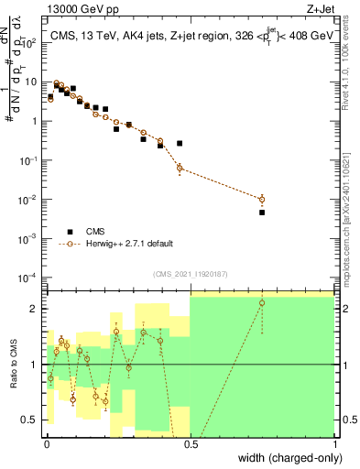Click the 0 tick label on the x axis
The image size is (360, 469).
[x=46, y=444]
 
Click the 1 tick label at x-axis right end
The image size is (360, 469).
[x=334, y=444]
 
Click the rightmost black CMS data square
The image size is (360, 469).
[x=262, y=213]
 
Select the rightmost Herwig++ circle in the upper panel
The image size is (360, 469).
[x=262, y=199]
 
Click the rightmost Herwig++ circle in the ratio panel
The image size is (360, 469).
[x=262, y=303]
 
